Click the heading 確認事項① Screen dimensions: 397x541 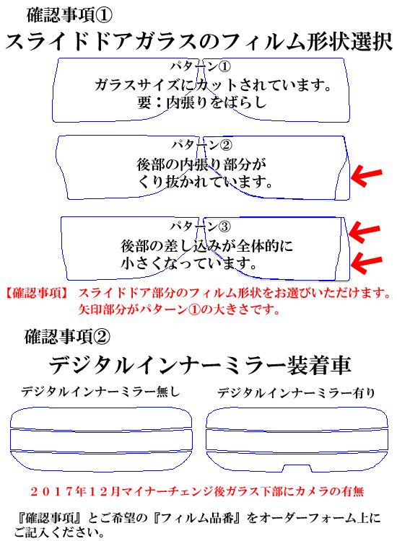point(69,15)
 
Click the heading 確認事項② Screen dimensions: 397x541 point(67,336)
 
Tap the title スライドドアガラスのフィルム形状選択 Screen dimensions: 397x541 point(198,42)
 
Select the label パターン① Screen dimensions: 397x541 point(200,66)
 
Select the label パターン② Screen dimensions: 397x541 point(201,145)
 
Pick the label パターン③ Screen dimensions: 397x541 point(200,226)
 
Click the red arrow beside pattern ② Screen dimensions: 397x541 point(367,175)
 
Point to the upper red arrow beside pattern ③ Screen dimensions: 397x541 point(365,232)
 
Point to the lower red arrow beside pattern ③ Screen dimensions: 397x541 point(367,263)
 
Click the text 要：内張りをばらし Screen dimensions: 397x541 point(202,102)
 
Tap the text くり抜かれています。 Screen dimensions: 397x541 point(205,182)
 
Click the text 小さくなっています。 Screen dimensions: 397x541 point(189,263)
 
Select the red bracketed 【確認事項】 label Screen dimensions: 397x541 point(37,294)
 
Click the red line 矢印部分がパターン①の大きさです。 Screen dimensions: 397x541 point(179,309)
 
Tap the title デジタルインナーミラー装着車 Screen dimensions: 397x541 point(200,366)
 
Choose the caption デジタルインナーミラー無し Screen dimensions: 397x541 point(100,392)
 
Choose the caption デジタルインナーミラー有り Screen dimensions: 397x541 point(296,392)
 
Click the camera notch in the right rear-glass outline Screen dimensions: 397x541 point(297,468)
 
